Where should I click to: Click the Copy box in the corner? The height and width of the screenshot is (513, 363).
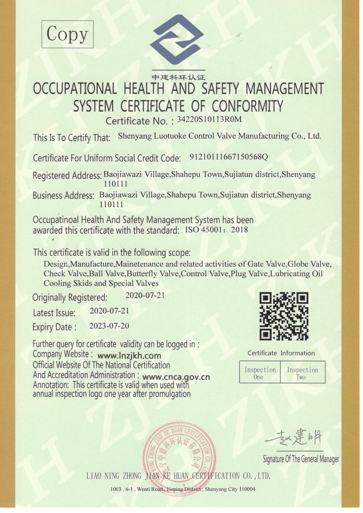68,34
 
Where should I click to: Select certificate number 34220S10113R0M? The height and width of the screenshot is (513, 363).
209,120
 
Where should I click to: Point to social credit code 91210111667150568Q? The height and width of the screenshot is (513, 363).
229,157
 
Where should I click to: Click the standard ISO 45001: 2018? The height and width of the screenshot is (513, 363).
217,230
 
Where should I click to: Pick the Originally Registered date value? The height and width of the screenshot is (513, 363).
145,295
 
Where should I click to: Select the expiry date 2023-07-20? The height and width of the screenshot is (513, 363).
109,326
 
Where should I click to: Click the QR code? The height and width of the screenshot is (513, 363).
284,316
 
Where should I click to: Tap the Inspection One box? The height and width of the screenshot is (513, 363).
260,373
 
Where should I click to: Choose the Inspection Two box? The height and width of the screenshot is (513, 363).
302,373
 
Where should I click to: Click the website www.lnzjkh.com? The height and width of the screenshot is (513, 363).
129,356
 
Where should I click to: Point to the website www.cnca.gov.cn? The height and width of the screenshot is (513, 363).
176,377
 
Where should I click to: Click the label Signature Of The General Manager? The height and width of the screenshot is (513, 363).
301,459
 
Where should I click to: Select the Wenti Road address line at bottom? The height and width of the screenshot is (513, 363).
183,489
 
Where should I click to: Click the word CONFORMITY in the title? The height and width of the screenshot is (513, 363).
247,106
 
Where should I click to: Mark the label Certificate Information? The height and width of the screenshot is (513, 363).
281,353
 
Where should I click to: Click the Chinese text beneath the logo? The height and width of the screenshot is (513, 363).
178,77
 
